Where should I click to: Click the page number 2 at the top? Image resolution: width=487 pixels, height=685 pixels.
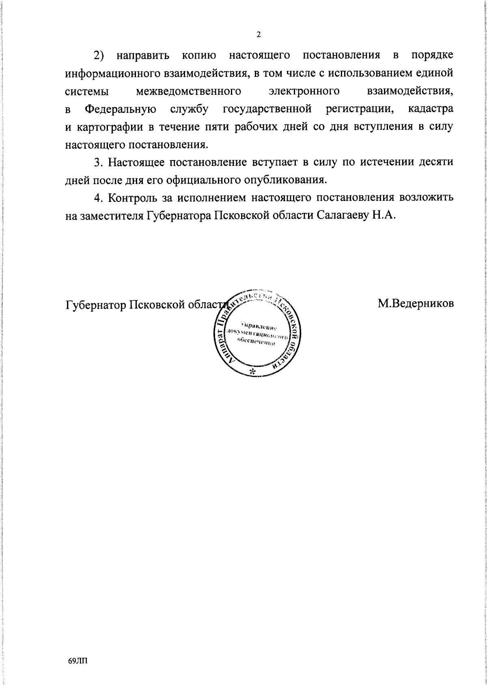point(258,35)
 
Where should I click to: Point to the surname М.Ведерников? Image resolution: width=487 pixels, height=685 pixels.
point(416,303)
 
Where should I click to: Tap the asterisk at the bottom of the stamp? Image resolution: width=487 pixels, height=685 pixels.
point(252,372)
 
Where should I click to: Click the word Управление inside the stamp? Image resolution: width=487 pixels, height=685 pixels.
point(258,326)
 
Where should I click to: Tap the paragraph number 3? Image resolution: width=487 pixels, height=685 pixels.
point(97,162)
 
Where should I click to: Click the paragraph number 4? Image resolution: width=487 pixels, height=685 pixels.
point(97,197)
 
